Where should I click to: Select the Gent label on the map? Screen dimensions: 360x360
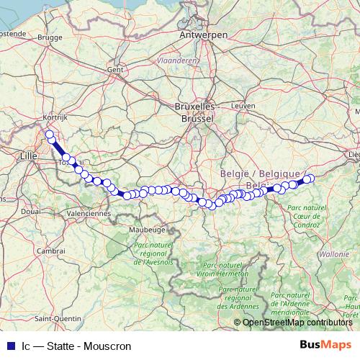[115, 70]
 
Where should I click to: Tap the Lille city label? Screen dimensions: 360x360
[30, 155]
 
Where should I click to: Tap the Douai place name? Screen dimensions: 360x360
[31, 211]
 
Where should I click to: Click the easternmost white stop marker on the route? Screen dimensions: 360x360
[310, 179]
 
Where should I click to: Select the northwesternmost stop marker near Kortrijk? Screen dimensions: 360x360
[50, 135]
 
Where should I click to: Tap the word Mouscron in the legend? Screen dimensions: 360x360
[106, 346]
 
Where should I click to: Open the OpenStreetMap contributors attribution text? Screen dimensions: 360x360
[297, 323]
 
